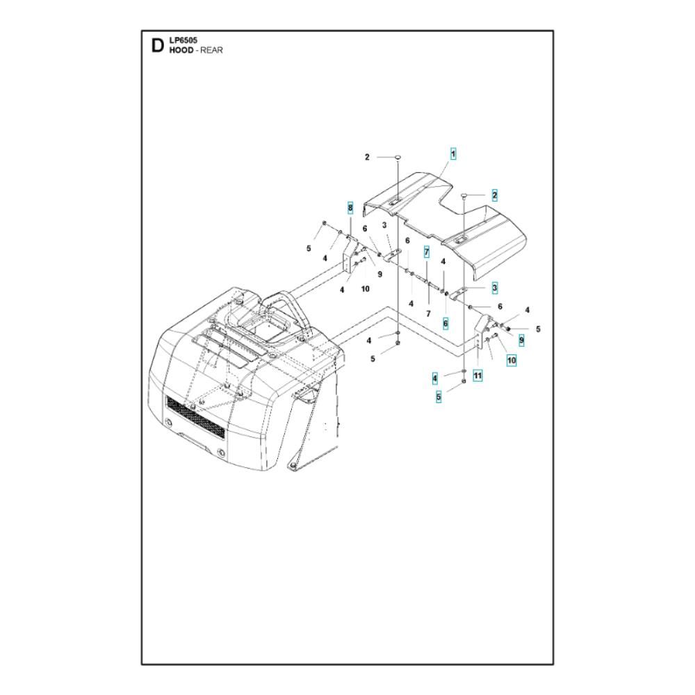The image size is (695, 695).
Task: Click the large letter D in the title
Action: tap(157, 46)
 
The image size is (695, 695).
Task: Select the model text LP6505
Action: tap(183, 40)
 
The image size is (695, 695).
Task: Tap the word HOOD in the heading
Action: tap(181, 50)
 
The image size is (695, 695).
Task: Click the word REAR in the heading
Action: tap(211, 50)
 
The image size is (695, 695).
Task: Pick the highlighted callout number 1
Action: tap(453, 154)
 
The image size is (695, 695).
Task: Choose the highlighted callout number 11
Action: tap(477, 376)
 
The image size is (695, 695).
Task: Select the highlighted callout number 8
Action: tap(350, 207)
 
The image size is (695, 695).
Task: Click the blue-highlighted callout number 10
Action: tap(512, 360)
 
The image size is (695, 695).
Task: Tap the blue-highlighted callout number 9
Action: tap(521, 341)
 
